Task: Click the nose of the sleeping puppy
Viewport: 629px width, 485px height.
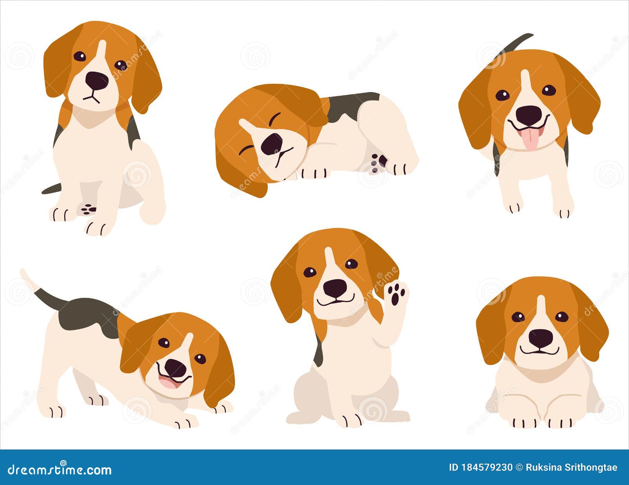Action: tap(272, 144)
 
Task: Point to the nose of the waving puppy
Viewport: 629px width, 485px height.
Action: tap(335, 288)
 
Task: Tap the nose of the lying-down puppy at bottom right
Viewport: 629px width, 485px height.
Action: tap(541, 338)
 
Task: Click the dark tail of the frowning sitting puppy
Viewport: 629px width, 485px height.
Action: tap(51, 189)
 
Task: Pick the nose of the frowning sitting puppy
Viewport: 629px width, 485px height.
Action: tap(97, 80)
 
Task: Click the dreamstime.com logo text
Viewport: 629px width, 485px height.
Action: tap(59, 469)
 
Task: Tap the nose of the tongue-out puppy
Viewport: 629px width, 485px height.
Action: tap(529, 115)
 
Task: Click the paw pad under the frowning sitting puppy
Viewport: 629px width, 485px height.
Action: tap(88, 209)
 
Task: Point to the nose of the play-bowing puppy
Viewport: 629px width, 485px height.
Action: tap(175, 368)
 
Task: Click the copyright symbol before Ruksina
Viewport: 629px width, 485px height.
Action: tap(519, 467)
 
